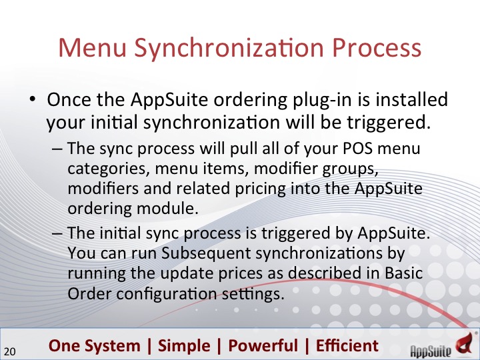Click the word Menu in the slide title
pyautogui.click(x=93, y=47)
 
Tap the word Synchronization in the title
pyautogui.click(x=229, y=49)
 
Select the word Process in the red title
pyautogui.click(x=377, y=47)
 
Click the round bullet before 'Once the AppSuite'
pyautogui.click(x=32, y=99)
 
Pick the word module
pyautogui.click(x=167, y=209)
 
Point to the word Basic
pyautogui.click(x=404, y=273)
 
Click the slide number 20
pyautogui.click(x=10, y=351)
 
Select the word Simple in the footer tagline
pyautogui.click(x=184, y=346)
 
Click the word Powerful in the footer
pyautogui.click(x=263, y=345)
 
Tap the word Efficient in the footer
pyautogui.click(x=347, y=345)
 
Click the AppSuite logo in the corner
pyautogui.click(x=444, y=345)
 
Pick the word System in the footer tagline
pyautogui.click(x=113, y=346)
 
